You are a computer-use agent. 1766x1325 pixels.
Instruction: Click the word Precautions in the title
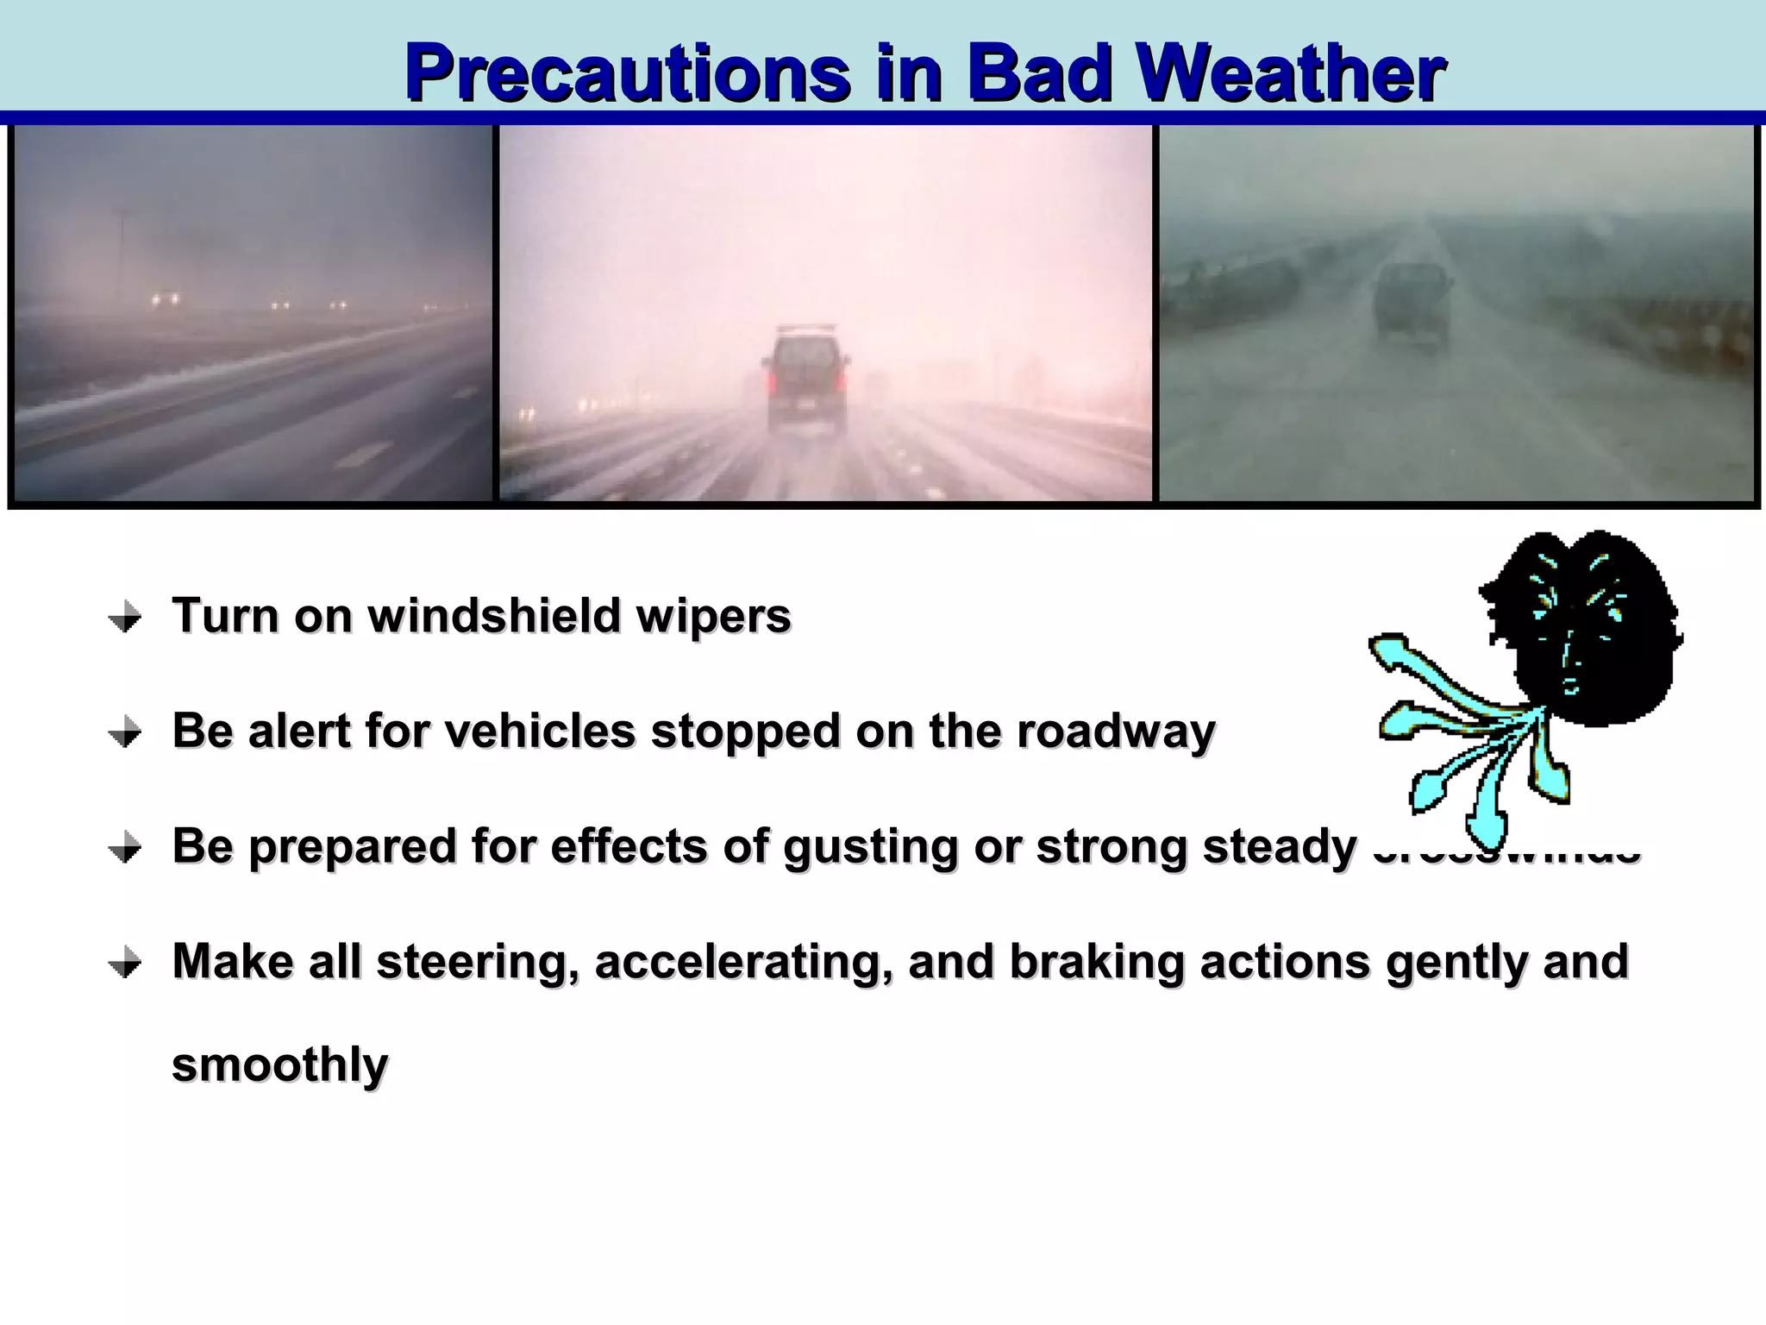pyautogui.click(x=627, y=74)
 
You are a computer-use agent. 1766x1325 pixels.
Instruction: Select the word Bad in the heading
pyautogui.click(x=1038, y=74)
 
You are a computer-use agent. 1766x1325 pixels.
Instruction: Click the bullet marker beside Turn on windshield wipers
pyautogui.click(x=125, y=618)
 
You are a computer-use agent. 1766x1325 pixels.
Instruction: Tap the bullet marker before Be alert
pyautogui.click(x=125, y=733)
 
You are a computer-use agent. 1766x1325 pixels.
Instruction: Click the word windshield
pyautogui.click(x=494, y=616)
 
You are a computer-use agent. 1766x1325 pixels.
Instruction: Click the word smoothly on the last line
pyautogui.click(x=279, y=1064)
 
